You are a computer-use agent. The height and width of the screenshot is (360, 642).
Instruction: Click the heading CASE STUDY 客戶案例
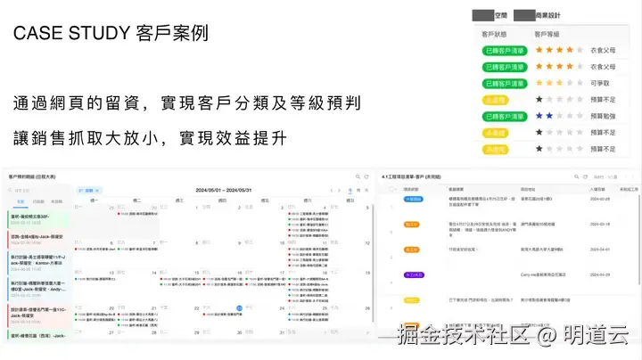coord(111,34)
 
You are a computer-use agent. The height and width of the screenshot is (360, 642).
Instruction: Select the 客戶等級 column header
coord(547,35)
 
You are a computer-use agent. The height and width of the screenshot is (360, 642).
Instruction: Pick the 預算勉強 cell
coord(603,115)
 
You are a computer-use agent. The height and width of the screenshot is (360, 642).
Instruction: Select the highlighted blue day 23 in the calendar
coord(240,308)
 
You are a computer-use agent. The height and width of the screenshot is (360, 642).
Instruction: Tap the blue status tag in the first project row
coord(414,200)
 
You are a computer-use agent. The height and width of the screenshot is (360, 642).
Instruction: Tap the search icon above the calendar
coord(355,177)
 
